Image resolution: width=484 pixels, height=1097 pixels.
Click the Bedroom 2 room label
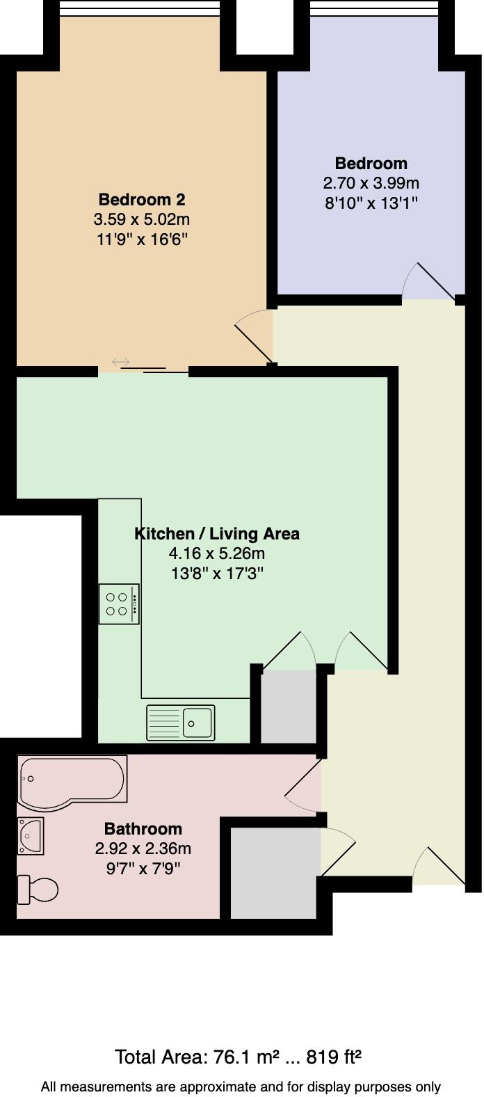(x=142, y=200)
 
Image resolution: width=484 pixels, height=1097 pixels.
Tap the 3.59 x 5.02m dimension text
(x=142, y=220)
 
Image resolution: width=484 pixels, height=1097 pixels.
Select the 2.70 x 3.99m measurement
(x=371, y=184)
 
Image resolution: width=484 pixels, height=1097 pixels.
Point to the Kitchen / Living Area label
(x=216, y=534)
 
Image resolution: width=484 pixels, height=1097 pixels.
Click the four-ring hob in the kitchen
(x=118, y=604)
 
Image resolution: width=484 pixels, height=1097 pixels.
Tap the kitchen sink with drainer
(x=180, y=723)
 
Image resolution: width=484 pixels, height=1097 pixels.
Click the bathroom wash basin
(x=31, y=835)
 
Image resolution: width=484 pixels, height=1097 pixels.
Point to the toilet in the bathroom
(x=38, y=889)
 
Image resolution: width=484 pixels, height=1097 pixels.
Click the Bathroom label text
(x=143, y=829)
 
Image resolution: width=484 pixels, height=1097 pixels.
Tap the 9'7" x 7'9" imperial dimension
(x=143, y=868)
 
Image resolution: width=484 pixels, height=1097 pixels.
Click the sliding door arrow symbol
(x=120, y=362)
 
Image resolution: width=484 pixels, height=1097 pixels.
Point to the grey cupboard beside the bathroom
(x=274, y=873)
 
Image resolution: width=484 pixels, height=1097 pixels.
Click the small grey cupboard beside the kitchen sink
(x=288, y=706)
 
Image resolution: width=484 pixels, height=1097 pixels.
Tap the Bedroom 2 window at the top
(x=140, y=8)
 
